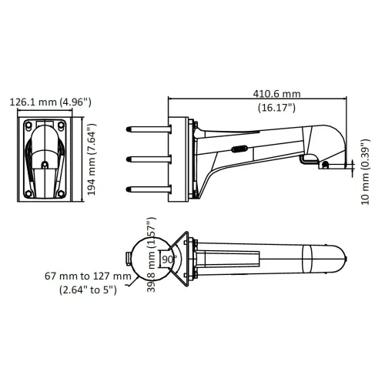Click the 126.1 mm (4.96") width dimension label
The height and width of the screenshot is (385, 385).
tap(51, 101)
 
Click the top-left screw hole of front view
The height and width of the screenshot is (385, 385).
tap(28, 124)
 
